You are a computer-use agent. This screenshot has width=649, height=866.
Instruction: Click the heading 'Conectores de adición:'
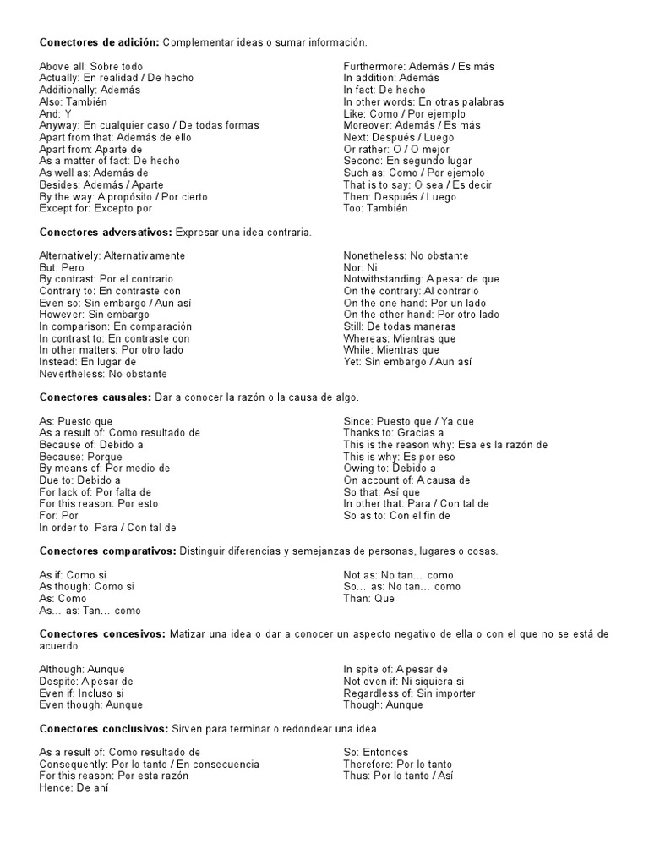click(x=99, y=42)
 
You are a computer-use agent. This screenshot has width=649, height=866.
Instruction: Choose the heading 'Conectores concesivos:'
click(x=102, y=633)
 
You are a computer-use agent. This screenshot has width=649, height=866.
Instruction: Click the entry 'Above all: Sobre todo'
click(x=90, y=66)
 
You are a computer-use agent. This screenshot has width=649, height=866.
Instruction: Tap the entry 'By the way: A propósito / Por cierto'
click(x=123, y=196)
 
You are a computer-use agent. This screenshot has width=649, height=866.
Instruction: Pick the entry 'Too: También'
click(x=375, y=208)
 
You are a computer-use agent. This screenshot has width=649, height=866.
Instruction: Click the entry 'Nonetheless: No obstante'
click(x=406, y=255)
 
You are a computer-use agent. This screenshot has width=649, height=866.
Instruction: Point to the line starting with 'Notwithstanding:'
click(x=422, y=279)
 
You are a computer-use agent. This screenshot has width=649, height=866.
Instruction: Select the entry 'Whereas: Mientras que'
click(x=399, y=338)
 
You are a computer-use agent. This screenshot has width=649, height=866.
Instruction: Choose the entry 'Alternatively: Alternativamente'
click(x=112, y=255)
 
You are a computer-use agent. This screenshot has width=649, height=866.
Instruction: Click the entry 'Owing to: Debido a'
click(x=390, y=468)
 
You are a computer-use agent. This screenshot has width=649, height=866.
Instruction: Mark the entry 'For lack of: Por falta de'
click(x=95, y=491)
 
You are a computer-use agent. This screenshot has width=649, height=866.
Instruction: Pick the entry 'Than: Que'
click(x=368, y=598)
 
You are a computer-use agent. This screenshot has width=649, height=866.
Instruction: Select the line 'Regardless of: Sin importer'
click(x=409, y=693)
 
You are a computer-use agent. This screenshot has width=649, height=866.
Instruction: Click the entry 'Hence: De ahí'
click(x=74, y=787)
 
